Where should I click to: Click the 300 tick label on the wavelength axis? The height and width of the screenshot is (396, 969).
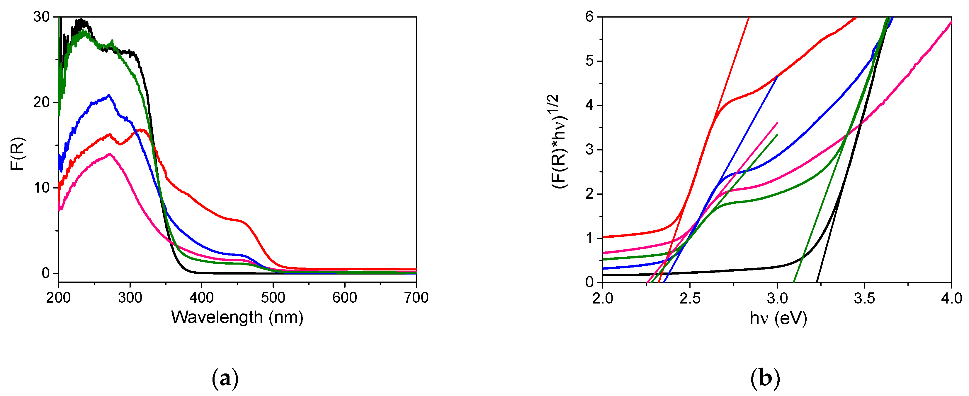[x=130, y=298]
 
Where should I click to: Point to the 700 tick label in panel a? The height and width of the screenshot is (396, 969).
[x=416, y=298]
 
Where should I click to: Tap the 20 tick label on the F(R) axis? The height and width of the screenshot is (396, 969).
[x=41, y=102]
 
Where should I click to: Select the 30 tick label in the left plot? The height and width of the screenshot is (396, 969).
[x=41, y=17]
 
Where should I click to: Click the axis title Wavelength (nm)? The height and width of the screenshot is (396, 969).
[x=237, y=318]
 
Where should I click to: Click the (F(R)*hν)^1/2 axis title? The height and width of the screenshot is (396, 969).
[x=560, y=142]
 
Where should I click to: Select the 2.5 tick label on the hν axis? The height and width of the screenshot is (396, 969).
[x=690, y=299]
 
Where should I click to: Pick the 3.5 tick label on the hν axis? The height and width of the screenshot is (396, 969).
[x=864, y=299]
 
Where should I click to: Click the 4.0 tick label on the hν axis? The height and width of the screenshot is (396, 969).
[x=951, y=299]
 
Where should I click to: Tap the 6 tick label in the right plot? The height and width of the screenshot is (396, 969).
[x=589, y=17]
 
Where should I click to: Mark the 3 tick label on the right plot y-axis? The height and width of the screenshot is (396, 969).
[x=589, y=150]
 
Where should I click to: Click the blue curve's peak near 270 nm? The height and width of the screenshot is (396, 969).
[x=109, y=95]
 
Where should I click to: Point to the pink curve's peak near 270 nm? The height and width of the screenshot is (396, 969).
[x=110, y=154]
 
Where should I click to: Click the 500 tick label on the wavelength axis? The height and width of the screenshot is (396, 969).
[x=273, y=298]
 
